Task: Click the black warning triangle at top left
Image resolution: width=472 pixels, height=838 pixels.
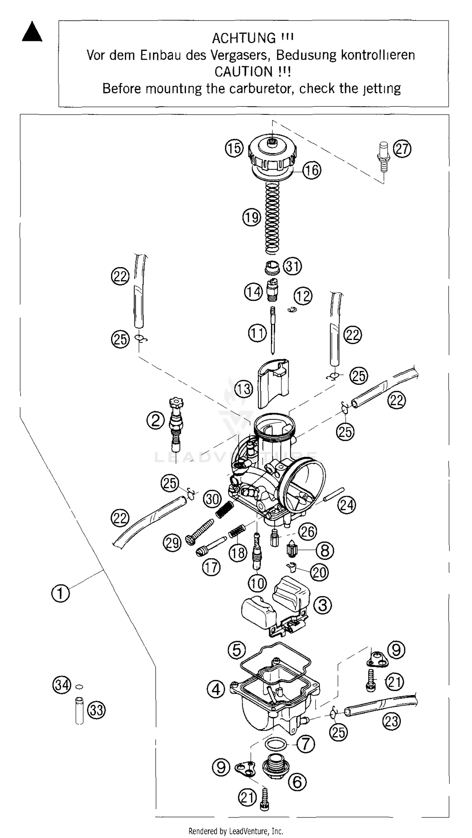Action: point(32,33)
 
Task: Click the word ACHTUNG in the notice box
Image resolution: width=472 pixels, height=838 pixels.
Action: point(243,38)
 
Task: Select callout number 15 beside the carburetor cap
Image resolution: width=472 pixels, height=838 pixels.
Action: point(234,148)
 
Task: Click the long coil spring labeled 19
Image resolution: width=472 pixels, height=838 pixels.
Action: point(273,218)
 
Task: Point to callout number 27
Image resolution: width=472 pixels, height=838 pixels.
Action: point(402,149)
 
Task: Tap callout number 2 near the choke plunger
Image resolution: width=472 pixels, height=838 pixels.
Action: point(156,421)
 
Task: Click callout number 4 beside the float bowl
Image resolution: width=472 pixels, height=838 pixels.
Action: point(216,689)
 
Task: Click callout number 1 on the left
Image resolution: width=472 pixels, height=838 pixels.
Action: point(60,593)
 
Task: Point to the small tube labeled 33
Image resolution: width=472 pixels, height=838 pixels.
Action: point(79,710)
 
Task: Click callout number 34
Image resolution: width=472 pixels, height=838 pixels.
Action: point(62,685)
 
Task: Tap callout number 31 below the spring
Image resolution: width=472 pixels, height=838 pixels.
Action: point(293,266)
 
